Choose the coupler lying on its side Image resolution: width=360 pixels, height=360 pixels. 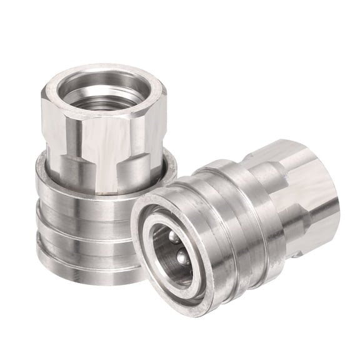point(237,225)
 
